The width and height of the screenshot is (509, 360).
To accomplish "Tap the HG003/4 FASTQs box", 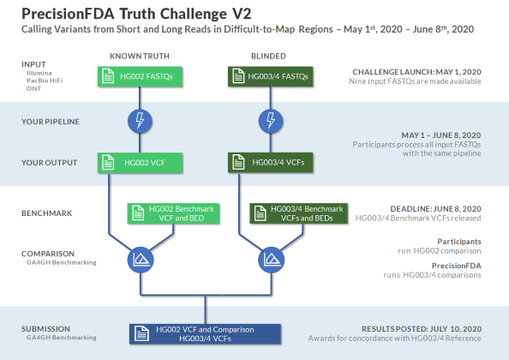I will click(x=270, y=77).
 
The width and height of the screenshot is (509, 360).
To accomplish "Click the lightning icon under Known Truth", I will click(x=140, y=120).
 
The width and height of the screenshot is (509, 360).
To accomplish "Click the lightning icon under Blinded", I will click(x=270, y=120).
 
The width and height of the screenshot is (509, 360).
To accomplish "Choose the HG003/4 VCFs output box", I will click(x=270, y=162).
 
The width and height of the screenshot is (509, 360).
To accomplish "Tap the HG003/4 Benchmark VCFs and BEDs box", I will click(x=299, y=213).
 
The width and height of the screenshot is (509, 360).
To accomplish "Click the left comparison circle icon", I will click(x=140, y=258).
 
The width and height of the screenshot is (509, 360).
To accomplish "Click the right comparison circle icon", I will click(x=270, y=258).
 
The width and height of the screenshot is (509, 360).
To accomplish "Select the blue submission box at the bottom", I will click(x=205, y=334).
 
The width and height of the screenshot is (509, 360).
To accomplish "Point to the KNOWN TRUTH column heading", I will click(x=140, y=57).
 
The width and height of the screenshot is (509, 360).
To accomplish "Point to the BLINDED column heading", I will click(x=269, y=57).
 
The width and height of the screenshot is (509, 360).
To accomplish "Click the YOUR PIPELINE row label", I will click(x=50, y=122).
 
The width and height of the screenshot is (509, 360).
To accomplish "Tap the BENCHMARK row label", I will click(x=45, y=212).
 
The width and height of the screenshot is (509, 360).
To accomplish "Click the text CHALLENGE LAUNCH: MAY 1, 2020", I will click(x=416, y=71).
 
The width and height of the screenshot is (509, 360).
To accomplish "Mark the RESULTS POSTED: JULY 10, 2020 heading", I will click(x=422, y=328).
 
